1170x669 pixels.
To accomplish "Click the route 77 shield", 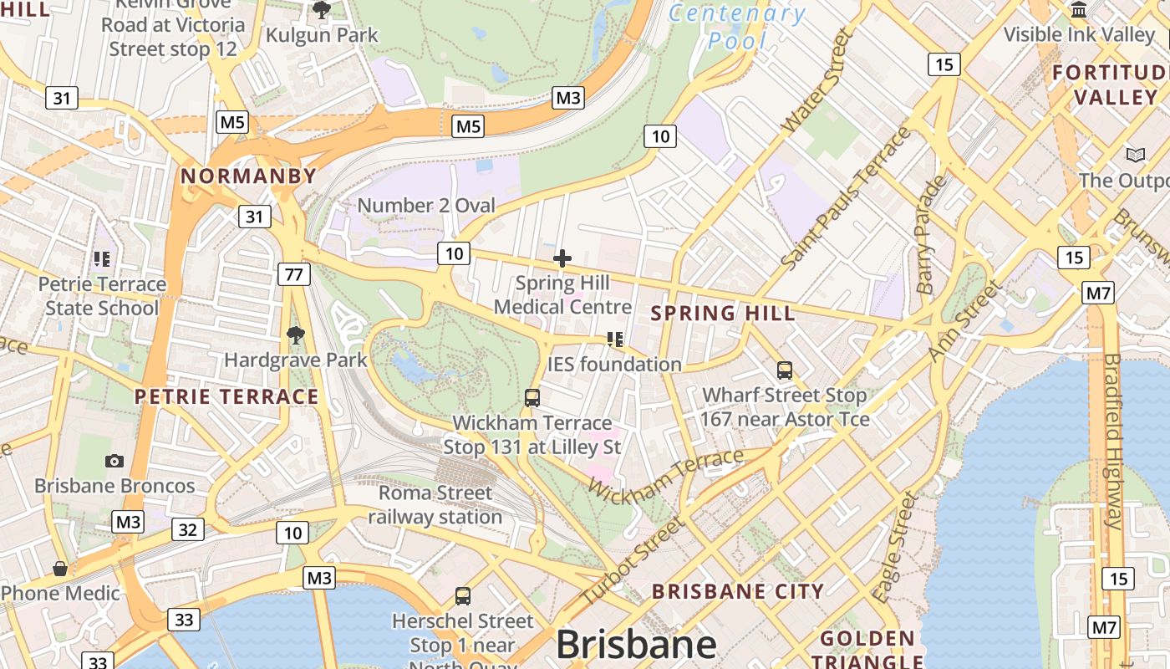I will click(x=293, y=273).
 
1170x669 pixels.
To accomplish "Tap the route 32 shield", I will click(x=188, y=529).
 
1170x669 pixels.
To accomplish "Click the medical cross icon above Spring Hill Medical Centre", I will click(x=562, y=258).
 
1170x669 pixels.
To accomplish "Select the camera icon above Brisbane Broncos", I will click(x=114, y=461).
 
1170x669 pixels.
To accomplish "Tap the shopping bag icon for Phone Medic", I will click(x=60, y=569).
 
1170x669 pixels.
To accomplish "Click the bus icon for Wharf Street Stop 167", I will click(x=784, y=370).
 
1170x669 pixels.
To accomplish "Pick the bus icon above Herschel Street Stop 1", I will click(x=462, y=596).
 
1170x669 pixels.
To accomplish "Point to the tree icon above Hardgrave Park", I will click(x=295, y=335).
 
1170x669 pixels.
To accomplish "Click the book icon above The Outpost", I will click(x=1135, y=156).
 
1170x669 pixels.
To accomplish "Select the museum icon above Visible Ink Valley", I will click(x=1079, y=10).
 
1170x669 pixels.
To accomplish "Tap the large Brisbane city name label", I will click(x=636, y=645).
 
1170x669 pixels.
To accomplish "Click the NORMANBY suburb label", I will click(x=249, y=176).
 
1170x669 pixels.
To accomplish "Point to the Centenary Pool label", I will click(x=737, y=27).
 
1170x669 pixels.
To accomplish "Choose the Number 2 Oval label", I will click(x=426, y=205).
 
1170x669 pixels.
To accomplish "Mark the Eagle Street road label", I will click(x=896, y=548).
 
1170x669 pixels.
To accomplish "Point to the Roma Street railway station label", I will click(x=435, y=504).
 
